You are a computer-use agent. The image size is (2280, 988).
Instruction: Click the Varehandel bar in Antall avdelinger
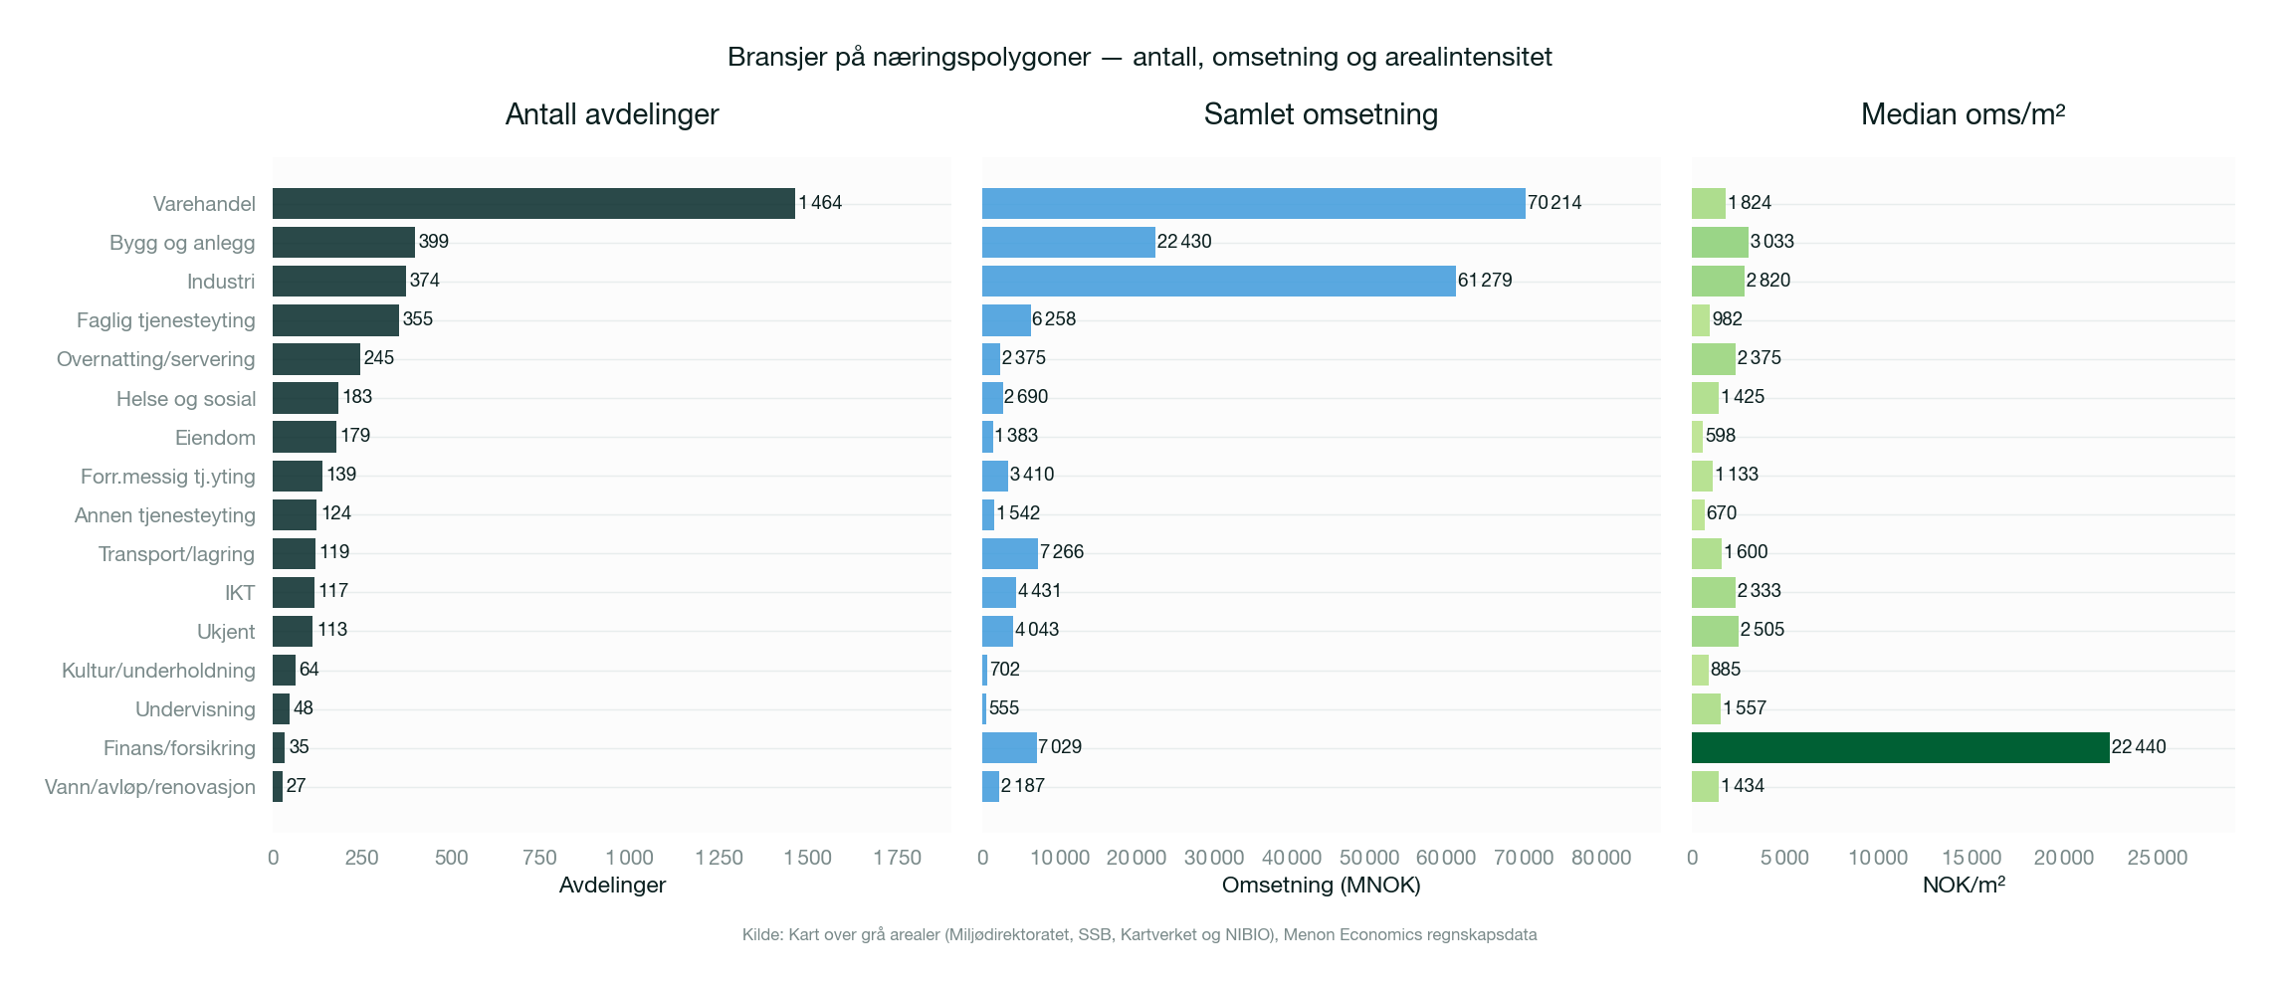[x=533, y=203]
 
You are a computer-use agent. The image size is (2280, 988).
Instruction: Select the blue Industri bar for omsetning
[x=1218, y=281]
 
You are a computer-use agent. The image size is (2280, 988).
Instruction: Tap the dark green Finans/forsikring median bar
[x=1900, y=747]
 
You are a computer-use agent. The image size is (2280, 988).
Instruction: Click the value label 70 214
[x=1555, y=203]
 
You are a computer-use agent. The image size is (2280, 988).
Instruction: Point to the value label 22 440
[x=2139, y=747]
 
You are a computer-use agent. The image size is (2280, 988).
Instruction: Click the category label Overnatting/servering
[x=155, y=359]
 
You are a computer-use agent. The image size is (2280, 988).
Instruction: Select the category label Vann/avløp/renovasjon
[x=149, y=787]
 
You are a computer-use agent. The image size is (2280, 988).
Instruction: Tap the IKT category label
[x=239, y=593]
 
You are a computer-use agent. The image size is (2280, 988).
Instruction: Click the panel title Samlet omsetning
[x=1321, y=114]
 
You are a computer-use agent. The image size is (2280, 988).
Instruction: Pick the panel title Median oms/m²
[x=1963, y=114]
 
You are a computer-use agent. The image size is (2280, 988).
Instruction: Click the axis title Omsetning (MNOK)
[x=1321, y=885]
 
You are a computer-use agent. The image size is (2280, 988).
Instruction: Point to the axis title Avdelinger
[x=612, y=885]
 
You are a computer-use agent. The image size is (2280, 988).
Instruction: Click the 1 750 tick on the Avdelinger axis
[x=897, y=858]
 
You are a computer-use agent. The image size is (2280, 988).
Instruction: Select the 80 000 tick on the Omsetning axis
[x=1600, y=858]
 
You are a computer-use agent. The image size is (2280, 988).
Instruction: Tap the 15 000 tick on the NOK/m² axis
[x=1970, y=858]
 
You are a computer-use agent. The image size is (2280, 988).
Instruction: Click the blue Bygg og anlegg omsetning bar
[x=1068, y=242]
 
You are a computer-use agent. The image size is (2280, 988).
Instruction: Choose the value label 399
[x=434, y=242]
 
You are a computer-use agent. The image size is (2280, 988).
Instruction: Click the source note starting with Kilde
[x=1140, y=934]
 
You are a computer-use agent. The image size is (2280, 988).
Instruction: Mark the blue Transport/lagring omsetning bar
[x=1009, y=553]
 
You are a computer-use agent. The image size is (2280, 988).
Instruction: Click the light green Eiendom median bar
[x=1697, y=437]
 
